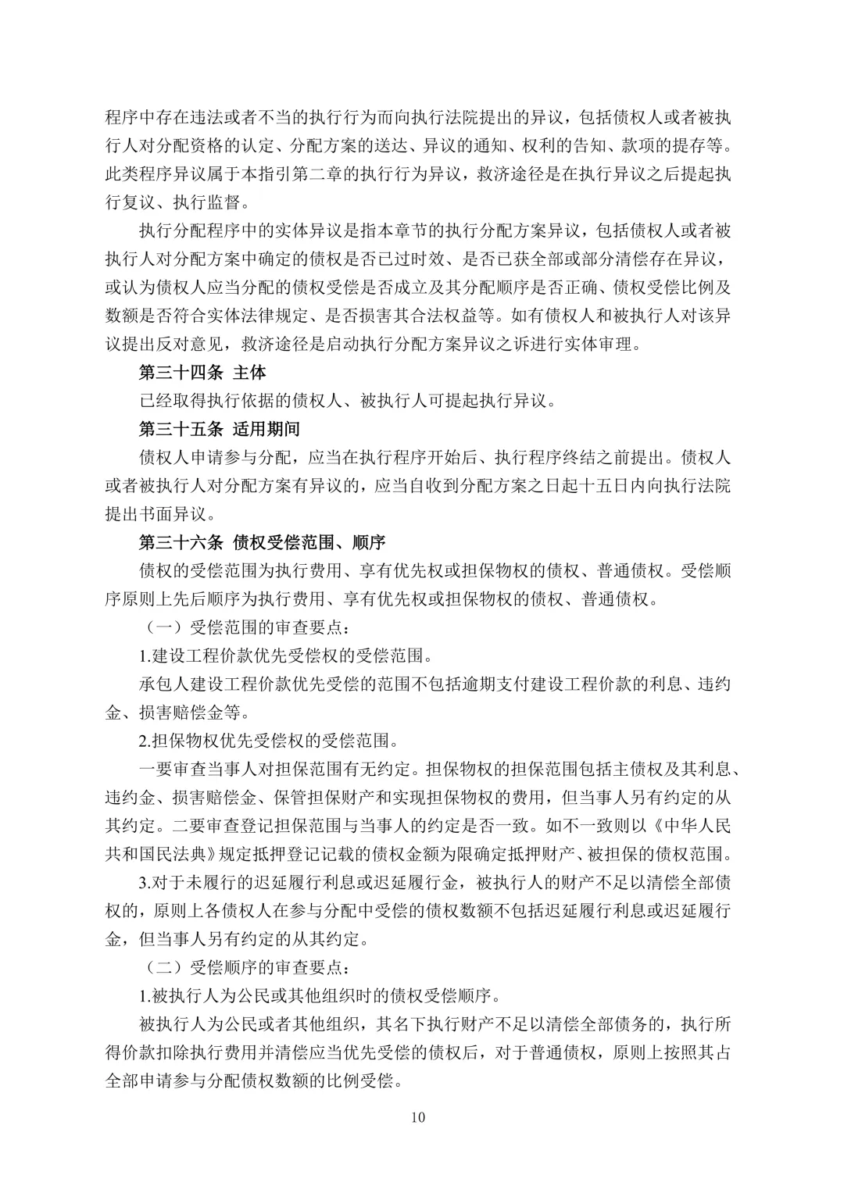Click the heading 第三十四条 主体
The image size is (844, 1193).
coord(202,373)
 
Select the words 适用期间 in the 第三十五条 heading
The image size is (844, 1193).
coord(266,429)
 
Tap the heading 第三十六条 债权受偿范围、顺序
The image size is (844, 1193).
coord(262,542)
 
